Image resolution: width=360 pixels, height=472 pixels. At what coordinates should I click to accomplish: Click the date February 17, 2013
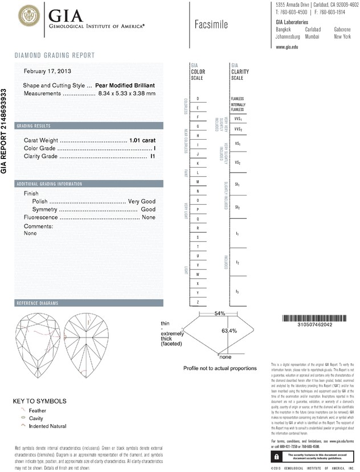47,71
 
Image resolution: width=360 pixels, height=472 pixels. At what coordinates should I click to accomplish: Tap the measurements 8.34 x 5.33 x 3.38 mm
126,93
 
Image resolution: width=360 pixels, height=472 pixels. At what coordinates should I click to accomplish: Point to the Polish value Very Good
142,202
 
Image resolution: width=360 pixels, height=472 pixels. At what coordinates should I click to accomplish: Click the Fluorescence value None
149,217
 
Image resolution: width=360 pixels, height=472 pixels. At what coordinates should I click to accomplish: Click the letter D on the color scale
198,99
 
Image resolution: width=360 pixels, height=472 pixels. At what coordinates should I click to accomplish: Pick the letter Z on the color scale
198,301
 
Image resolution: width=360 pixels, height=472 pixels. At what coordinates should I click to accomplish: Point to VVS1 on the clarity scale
238,119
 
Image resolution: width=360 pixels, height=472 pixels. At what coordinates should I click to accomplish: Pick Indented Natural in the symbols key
50,426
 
